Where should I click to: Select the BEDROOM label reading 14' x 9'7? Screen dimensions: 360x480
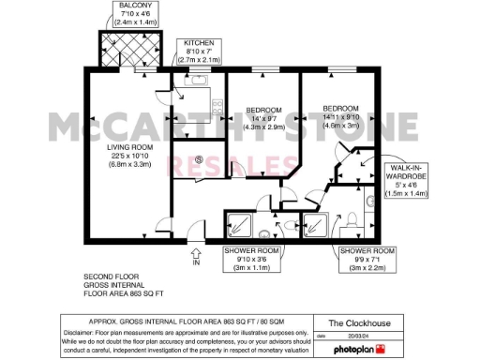point(258,116)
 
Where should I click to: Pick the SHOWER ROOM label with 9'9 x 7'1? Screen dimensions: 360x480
point(367,258)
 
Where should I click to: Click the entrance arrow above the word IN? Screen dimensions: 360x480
point(196,251)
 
